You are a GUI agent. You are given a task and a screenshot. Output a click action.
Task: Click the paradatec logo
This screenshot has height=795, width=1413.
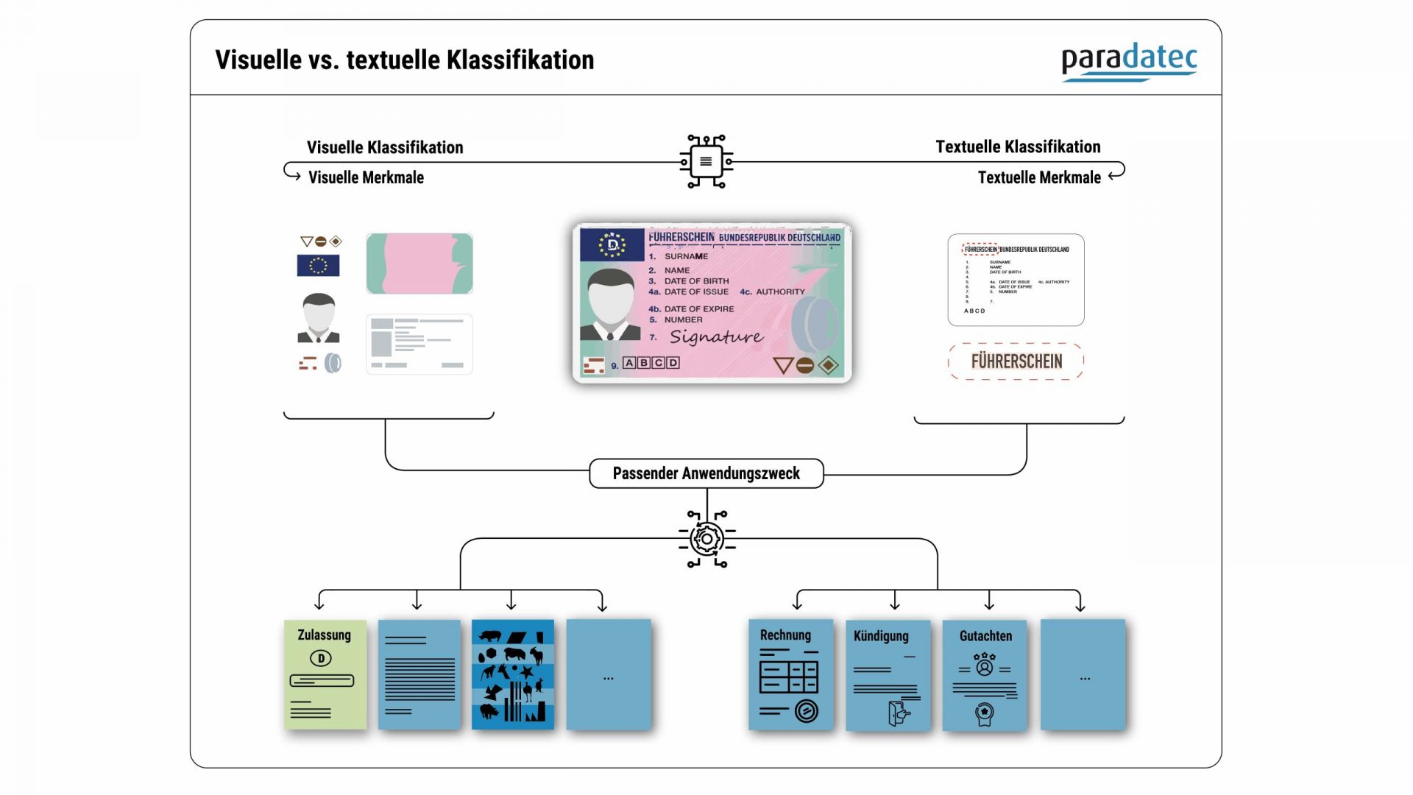[x=1128, y=61]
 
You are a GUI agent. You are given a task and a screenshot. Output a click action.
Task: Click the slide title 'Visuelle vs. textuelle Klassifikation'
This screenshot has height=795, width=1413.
[x=404, y=60]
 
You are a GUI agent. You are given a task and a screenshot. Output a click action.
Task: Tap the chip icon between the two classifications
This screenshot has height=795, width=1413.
[x=706, y=162]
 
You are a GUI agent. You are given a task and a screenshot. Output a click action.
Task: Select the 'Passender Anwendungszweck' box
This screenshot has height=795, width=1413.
[x=706, y=473]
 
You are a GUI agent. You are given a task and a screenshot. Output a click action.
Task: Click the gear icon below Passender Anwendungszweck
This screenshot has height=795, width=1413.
[x=706, y=539]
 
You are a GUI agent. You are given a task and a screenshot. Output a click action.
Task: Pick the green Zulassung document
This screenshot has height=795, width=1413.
[x=325, y=674]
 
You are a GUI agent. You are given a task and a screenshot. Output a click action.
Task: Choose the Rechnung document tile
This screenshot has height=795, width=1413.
[x=790, y=674]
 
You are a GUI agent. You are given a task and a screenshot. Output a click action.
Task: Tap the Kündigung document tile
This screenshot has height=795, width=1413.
[x=888, y=675]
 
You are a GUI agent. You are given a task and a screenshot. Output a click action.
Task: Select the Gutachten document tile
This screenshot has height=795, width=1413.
[x=985, y=675]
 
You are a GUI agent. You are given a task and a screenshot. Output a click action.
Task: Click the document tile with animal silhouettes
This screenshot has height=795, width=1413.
[x=513, y=674]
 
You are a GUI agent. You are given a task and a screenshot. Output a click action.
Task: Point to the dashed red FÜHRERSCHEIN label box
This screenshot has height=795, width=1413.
[x=1016, y=361]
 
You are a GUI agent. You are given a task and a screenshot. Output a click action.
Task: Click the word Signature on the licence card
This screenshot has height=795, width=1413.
[x=716, y=337]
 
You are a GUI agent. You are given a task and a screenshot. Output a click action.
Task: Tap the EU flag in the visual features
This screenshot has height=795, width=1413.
[x=318, y=265]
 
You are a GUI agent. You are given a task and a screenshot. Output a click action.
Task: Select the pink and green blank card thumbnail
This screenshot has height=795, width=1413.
[x=419, y=264]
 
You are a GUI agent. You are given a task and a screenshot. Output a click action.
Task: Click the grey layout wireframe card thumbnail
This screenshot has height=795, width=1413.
[x=419, y=344]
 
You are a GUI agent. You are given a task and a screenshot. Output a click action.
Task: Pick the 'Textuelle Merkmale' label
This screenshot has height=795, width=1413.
[x=1038, y=177]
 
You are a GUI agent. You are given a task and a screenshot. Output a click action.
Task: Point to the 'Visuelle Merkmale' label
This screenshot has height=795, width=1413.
[x=366, y=177]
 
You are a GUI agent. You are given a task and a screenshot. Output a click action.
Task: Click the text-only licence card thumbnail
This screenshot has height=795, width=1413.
[x=1016, y=280]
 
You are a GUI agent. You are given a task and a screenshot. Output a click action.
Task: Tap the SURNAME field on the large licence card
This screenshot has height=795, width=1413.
[x=685, y=256]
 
